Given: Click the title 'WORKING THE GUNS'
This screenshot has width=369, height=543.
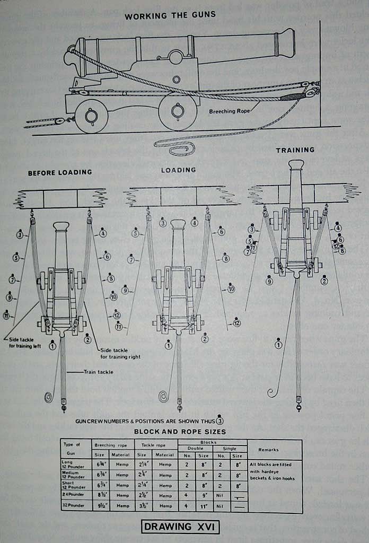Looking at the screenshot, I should pos(170,15).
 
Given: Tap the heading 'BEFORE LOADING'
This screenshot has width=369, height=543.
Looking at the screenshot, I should pos(60,172).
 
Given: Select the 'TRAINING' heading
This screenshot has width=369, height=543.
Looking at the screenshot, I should pos(295,150).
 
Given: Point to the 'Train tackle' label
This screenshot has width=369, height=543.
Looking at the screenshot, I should pos(98,372).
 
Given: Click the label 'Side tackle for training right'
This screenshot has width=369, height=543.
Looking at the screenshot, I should pos(120,353).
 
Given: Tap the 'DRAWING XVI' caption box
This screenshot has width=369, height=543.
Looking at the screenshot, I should pos(181,527).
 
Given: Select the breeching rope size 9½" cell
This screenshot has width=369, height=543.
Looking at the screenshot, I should pos(100,506).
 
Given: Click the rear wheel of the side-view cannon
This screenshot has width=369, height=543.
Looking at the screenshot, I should pos(91,116).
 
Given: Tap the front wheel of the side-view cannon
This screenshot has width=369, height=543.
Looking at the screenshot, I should pos(178,111).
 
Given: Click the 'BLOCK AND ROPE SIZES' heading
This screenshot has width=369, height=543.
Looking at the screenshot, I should pos(180,432).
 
